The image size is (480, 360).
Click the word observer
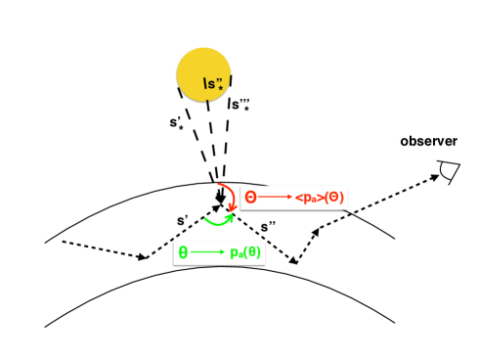(x=427, y=143)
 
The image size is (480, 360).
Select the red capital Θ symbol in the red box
(x=251, y=198)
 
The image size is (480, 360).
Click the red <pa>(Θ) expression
(x=313, y=199)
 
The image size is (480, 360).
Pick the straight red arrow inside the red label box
(x=276, y=199)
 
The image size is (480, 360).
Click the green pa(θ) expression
(x=242, y=254)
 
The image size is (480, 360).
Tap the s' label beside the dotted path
(x=184, y=223)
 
